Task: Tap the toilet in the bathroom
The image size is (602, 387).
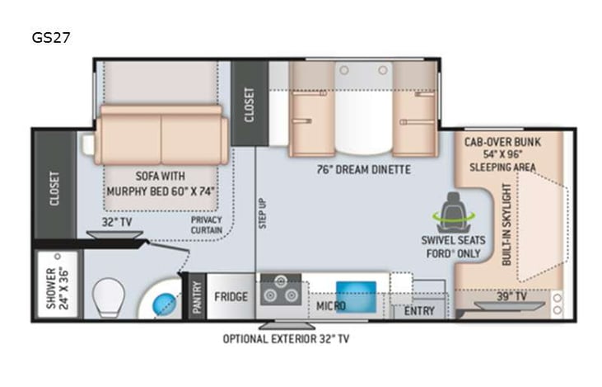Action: point(109,295)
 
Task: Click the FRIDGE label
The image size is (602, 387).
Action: point(231,296)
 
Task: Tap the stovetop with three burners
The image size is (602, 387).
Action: point(282,292)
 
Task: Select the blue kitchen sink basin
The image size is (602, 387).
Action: point(356,295)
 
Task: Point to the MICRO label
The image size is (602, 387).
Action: point(331,306)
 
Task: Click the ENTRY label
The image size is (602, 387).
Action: point(419,311)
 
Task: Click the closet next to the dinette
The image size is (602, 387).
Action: point(250,103)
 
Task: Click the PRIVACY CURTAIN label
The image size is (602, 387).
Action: point(206,225)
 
